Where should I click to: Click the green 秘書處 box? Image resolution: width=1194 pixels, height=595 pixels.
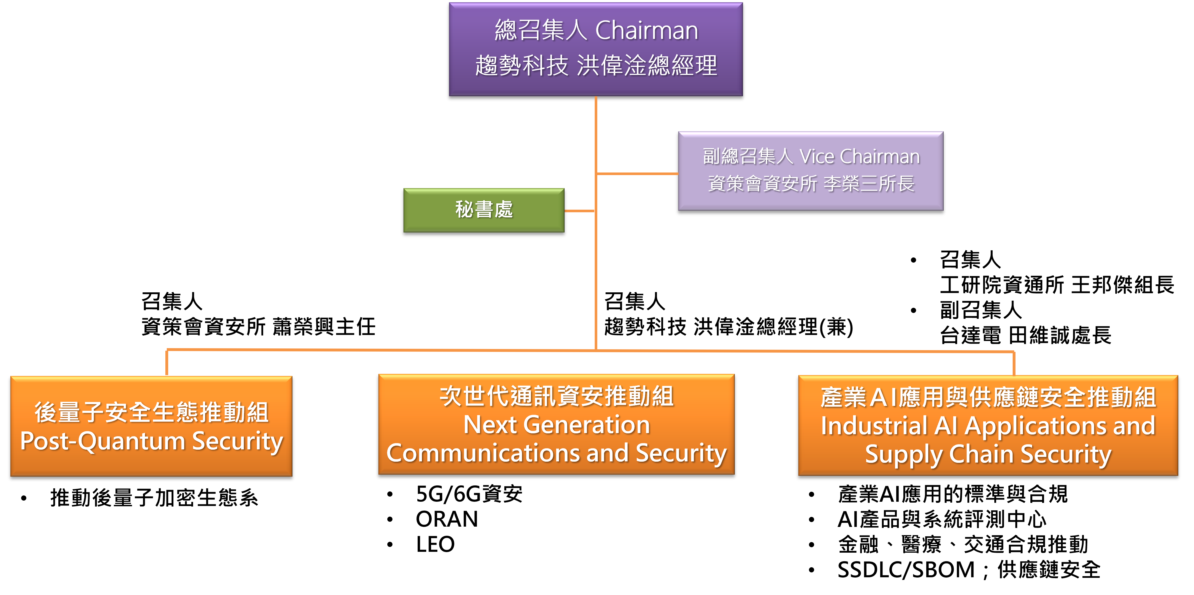coord(483,210)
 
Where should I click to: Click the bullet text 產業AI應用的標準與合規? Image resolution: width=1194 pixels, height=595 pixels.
coord(953,494)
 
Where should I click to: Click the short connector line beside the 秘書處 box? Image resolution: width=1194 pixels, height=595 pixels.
coord(579,211)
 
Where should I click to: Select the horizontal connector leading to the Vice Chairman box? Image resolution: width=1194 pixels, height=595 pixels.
coord(637,174)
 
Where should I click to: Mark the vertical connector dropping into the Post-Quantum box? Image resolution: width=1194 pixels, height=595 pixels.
coord(167,363)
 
